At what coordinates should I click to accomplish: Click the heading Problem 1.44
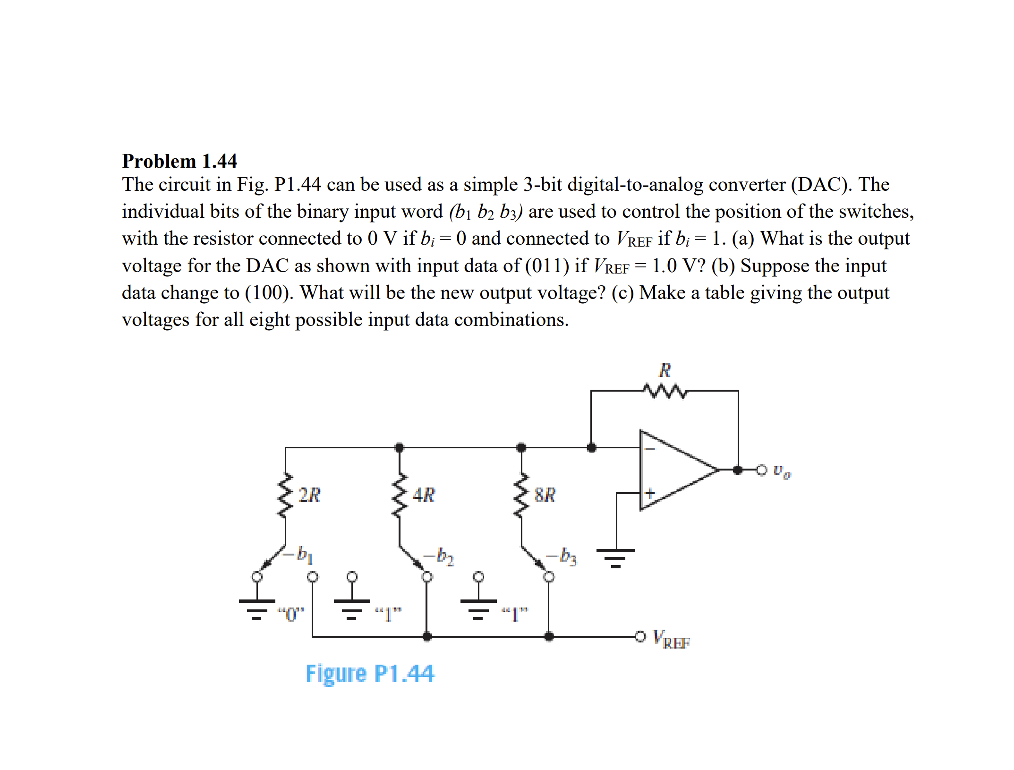tap(179, 161)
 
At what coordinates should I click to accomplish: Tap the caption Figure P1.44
tap(369, 674)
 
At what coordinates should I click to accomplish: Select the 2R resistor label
tap(309, 495)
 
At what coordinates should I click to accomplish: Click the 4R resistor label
tap(424, 495)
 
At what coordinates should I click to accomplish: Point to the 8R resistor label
tap(545, 495)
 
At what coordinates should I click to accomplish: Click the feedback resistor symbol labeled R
tap(665, 391)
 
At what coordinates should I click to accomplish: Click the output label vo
tap(782, 471)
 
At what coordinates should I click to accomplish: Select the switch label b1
tap(304, 555)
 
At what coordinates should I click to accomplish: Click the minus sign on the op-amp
tap(650, 449)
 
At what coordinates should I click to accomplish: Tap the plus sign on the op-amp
tap(650, 494)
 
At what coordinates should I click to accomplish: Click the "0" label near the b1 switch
tap(291, 615)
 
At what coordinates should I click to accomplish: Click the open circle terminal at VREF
tap(640, 636)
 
